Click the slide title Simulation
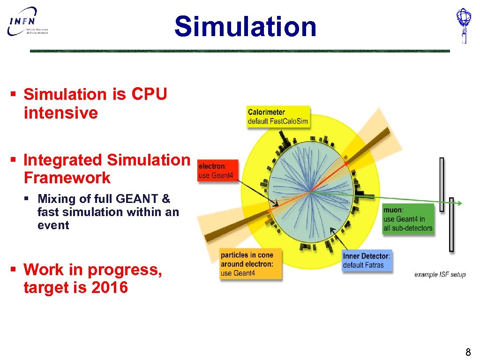click(245, 26)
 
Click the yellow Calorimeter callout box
click(278, 117)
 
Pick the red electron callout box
click(218, 171)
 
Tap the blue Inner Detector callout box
click(366, 261)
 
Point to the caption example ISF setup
click(440, 274)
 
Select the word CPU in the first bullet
click(149, 94)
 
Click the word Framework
click(67, 178)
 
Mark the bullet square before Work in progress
click(14, 270)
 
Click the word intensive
click(60, 113)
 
